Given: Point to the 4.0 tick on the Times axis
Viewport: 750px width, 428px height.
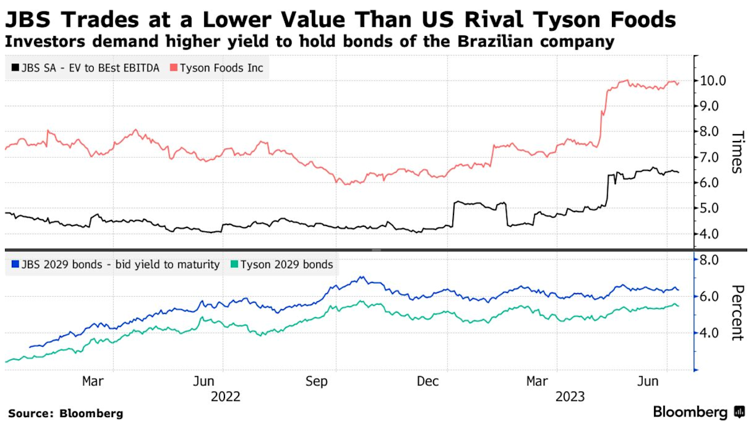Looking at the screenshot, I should pos(717,234).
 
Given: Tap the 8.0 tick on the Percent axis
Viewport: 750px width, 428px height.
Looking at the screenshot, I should pos(717,260).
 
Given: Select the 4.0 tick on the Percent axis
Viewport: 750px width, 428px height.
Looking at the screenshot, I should pos(717,333).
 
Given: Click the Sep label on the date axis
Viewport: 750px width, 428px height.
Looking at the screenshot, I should pos(316,381).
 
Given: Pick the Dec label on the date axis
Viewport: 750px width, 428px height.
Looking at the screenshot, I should pos(428,381).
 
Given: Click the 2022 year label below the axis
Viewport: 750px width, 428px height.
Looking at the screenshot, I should pos(226,396).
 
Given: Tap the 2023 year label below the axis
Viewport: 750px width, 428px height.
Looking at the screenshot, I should pos(570,396).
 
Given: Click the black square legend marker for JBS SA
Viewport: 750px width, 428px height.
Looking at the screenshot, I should pos(14,68).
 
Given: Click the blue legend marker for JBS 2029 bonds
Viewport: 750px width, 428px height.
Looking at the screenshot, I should pos(14,265).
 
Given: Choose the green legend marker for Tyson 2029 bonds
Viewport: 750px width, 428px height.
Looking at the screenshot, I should pos(234,265).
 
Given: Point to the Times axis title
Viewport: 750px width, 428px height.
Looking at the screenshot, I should pos(736,152).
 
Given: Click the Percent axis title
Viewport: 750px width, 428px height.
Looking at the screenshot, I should pos(736,312).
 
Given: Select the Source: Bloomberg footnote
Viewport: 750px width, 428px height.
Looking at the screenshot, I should pos(65,413).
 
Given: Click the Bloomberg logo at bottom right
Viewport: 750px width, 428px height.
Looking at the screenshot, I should pos(698,412).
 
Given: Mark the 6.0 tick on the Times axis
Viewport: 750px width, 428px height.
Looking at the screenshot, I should pos(717,183).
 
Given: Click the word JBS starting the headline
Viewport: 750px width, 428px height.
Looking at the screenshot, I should pos(28,20).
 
